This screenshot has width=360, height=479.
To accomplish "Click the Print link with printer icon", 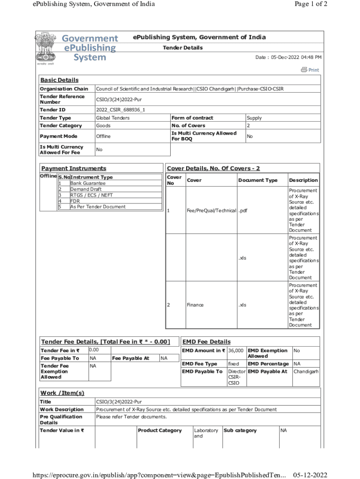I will point(310,70).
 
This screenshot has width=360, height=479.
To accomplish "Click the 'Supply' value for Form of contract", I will point(254,118).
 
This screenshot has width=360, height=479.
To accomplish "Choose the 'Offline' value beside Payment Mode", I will point(103,136).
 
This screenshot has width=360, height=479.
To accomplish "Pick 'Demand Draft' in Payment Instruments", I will point(86,189).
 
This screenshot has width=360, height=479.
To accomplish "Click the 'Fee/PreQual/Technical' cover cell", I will point(211,210).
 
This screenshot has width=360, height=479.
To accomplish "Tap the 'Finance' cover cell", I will point(195,305).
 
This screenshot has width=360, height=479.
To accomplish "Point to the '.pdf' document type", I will point(242,210).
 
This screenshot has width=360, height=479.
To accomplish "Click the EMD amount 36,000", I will point(236,350).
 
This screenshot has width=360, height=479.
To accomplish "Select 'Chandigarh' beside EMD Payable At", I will point(306,371).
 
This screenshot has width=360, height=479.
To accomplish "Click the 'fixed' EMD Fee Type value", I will point(233,364).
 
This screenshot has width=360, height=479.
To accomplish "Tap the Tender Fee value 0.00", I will point(94,350).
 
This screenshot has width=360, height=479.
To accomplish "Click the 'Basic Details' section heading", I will point(59,80).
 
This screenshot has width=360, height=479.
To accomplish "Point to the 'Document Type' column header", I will point(258,180).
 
